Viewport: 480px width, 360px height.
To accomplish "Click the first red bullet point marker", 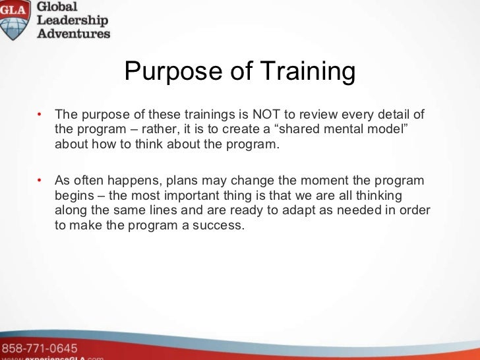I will [x=40, y=114].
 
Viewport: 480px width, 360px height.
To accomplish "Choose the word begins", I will [x=75, y=196].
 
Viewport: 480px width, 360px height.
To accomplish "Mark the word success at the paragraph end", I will [x=220, y=225].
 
